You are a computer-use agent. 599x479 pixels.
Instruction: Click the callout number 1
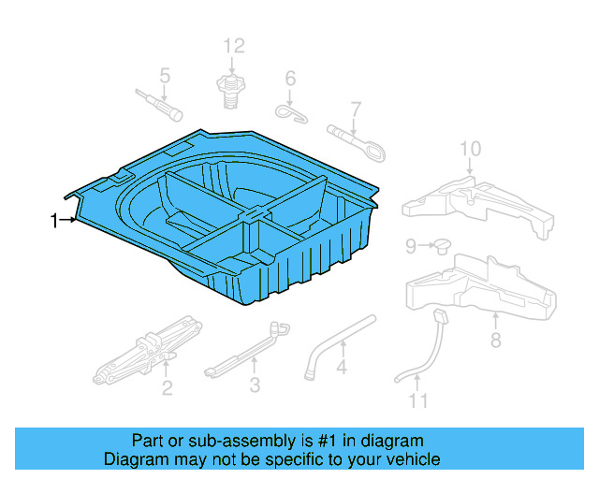click(54, 220)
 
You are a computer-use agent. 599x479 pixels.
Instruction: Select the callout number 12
click(233, 46)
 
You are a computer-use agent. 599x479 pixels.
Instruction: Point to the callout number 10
click(470, 148)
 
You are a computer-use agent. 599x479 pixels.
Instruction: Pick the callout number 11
click(417, 401)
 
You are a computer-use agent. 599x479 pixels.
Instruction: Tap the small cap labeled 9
click(439, 246)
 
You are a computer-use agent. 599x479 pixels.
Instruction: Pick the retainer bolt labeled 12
click(227, 90)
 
